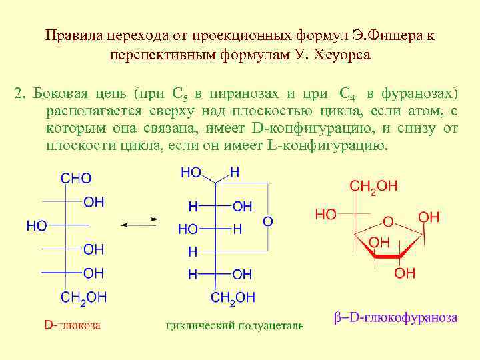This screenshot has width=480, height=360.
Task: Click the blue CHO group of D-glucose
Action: (x=76, y=179)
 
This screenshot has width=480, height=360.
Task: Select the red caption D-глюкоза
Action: (x=73, y=325)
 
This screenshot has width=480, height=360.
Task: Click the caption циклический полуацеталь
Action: (x=234, y=326)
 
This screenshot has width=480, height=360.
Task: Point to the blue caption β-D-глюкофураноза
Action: (x=395, y=317)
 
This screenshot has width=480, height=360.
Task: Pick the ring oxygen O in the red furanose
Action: (x=387, y=221)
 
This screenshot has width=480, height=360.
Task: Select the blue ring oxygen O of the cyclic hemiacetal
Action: (x=267, y=220)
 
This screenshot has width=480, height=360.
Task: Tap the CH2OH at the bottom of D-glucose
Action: (x=83, y=297)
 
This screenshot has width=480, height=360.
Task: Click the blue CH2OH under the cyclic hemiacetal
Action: (x=233, y=297)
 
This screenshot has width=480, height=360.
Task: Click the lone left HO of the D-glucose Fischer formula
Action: (x=36, y=226)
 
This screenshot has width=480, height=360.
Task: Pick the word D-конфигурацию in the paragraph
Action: (x=306, y=128)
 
